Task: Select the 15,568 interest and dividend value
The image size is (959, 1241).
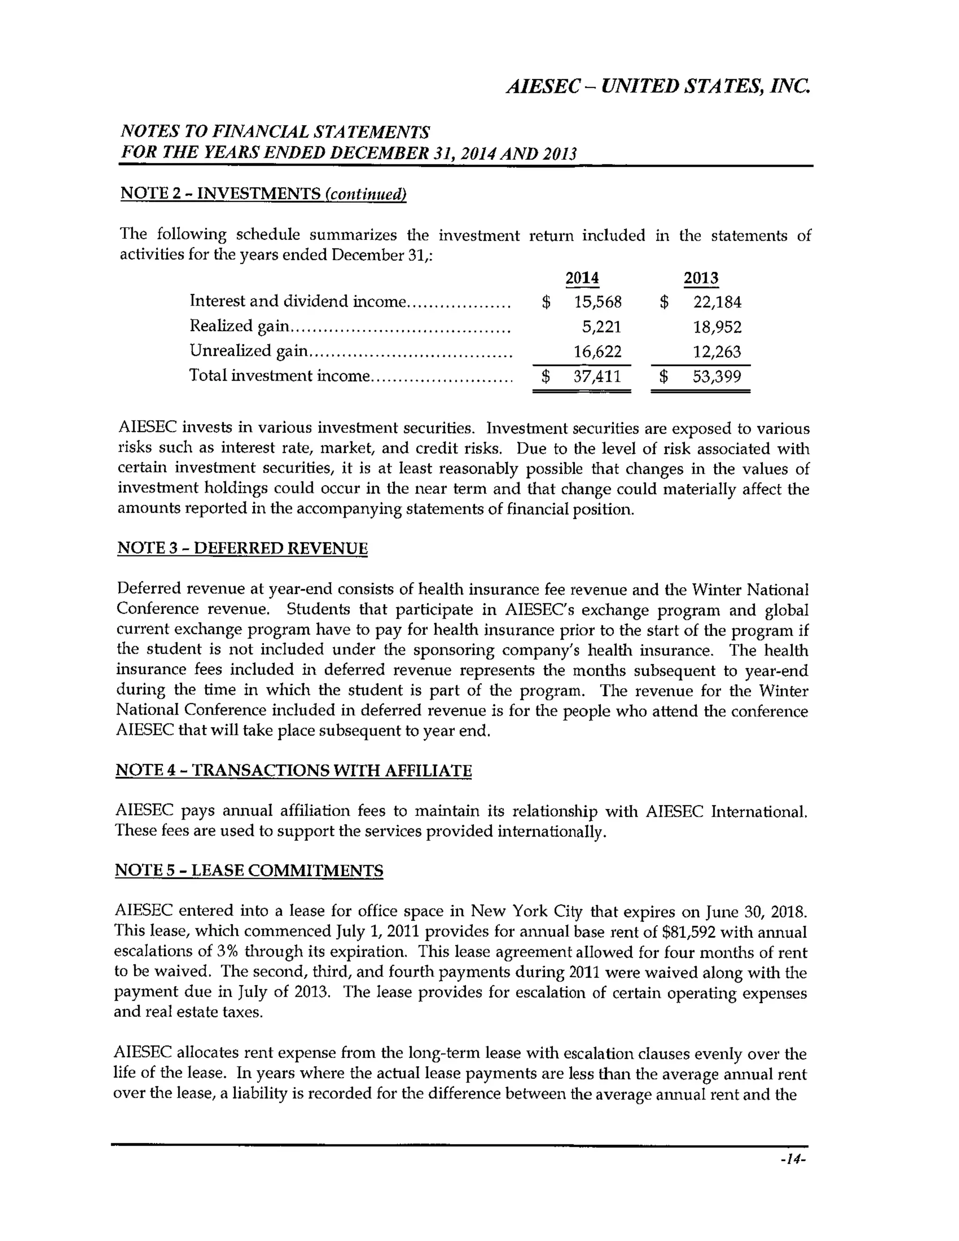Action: [x=598, y=302]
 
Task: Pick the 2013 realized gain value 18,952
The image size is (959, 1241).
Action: [x=717, y=327]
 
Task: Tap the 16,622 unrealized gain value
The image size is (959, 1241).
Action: [x=598, y=352]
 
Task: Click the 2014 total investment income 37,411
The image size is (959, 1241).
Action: [x=597, y=376]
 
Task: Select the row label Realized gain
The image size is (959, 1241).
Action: [x=239, y=326]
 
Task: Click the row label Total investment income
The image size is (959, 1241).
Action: [x=279, y=376]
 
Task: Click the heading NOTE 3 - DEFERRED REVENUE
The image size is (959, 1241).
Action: [x=243, y=548]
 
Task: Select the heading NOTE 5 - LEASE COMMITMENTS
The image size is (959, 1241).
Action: [x=249, y=871]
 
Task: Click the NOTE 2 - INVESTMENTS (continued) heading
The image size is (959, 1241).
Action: [x=263, y=194]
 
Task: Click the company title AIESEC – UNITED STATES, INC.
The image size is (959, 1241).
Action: [x=658, y=86]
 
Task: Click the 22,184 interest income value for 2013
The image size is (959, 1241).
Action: [x=717, y=302]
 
